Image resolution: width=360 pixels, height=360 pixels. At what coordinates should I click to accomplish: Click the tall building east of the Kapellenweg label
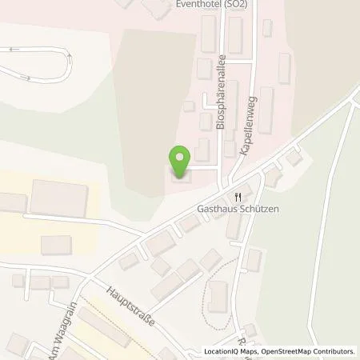266,111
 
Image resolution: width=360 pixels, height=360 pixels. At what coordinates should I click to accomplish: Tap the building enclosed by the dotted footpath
218,297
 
